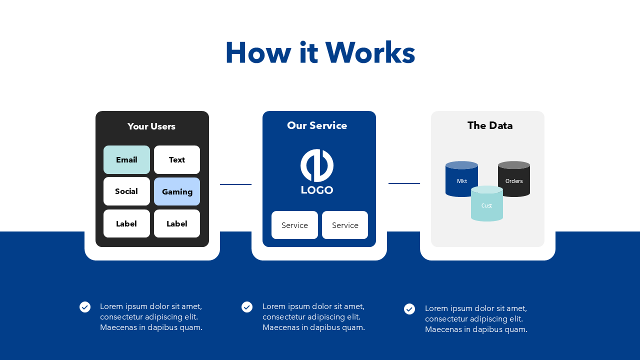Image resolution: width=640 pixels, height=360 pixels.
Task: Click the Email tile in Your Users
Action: coord(126,160)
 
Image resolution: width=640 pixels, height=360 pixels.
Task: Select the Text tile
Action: coord(177,160)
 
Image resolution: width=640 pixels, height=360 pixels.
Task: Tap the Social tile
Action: coord(126,191)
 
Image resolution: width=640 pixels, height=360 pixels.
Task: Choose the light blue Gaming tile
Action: coord(177,191)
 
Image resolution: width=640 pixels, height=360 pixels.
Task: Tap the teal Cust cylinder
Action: coord(486,205)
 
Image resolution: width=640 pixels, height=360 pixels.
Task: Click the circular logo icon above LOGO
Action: coord(317,165)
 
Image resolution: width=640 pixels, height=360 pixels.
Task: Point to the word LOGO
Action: coord(317,190)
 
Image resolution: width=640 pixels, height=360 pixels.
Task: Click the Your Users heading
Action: coord(151,126)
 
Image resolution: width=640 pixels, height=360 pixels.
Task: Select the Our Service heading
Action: coord(317,125)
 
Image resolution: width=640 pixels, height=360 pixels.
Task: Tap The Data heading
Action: coord(490,125)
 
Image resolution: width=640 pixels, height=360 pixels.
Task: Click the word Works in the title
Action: coord(370,52)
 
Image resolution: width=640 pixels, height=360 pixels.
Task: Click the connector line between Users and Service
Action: coord(235,184)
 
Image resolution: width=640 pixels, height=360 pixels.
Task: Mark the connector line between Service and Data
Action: coord(404,183)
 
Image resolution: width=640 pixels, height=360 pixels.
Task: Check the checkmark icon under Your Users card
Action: coord(85,307)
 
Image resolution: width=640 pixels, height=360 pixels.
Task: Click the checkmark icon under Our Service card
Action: coord(247,307)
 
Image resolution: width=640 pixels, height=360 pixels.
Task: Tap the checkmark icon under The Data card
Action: coord(409,309)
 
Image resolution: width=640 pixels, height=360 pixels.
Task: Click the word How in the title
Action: coord(258,52)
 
